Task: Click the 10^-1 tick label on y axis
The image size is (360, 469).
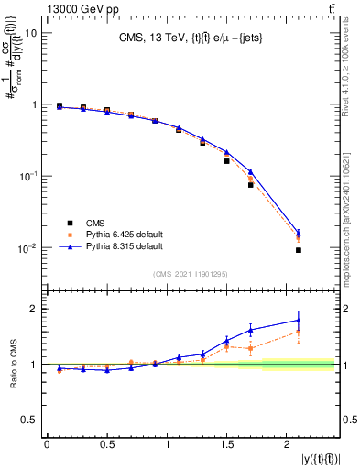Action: click(x=27, y=176)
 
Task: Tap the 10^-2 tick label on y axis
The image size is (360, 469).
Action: click(x=27, y=248)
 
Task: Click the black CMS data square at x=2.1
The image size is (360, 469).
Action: click(x=300, y=250)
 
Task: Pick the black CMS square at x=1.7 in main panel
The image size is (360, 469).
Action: click(x=250, y=185)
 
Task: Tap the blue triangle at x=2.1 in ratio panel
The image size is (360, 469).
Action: click(x=299, y=321)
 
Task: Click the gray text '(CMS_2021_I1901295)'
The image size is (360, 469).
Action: click(x=190, y=273)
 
